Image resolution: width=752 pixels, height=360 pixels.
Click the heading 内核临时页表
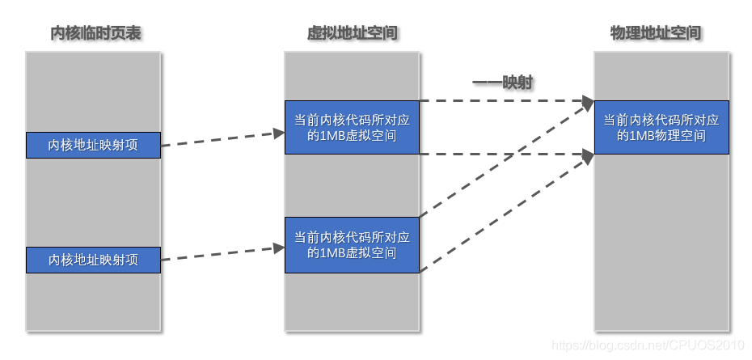(x=96, y=34)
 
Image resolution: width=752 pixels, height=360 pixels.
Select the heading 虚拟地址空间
(x=352, y=34)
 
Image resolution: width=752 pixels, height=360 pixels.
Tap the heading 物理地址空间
(x=656, y=34)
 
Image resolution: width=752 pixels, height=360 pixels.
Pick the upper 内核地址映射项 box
(x=93, y=146)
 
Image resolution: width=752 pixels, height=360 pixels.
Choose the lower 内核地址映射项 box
(x=93, y=260)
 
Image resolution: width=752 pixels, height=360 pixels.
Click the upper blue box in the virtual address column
(x=352, y=127)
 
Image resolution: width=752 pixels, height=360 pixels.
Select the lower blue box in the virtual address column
(x=352, y=244)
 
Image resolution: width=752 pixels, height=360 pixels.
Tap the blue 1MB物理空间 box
(x=661, y=127)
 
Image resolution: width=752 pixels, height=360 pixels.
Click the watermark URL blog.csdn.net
(x=647, y=345)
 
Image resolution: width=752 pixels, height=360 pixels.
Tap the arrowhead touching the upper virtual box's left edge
(x=277, y=133)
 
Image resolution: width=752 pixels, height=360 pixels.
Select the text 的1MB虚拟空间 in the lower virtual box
(x=352, y=252)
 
